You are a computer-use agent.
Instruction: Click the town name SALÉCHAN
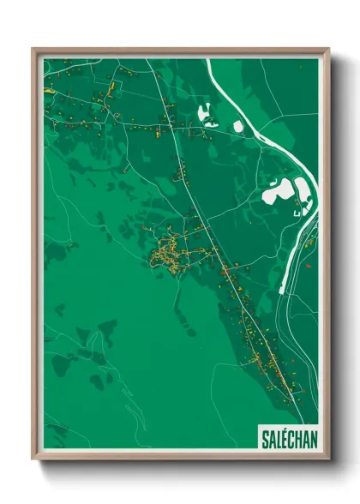coord(288,439)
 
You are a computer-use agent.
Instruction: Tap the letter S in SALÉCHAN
coord(264,439)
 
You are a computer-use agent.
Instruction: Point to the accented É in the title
coord(285,439)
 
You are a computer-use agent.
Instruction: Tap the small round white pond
coord(237,127)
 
